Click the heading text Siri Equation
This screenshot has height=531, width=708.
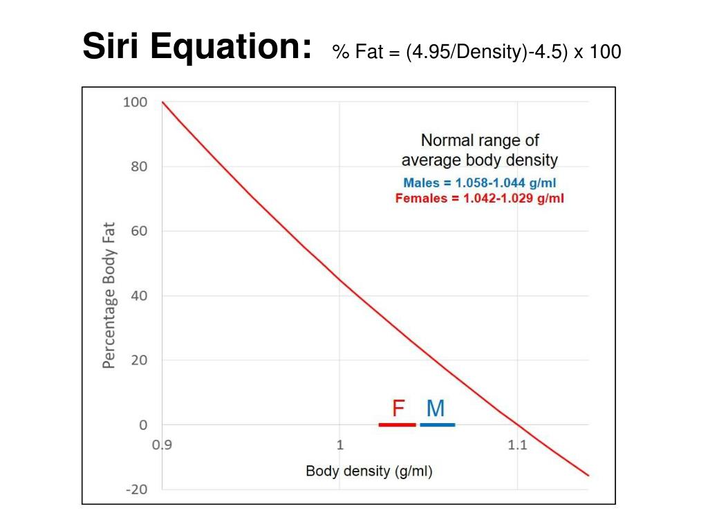[196, 47]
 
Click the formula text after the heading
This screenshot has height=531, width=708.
[476, 51]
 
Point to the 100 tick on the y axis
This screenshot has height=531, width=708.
[135, 102]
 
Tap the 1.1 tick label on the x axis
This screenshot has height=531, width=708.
[517, 445]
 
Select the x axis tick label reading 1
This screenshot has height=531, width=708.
[339, 445]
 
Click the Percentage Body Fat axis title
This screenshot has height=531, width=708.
[109, 295]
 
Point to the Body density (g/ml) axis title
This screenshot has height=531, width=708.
[369, 472]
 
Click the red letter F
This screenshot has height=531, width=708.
[398, 409]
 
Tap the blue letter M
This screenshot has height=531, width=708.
[436, 409]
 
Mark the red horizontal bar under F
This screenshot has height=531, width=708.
[397, 425]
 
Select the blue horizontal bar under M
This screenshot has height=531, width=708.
[437, 425]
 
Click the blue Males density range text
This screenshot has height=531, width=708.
[480, 184]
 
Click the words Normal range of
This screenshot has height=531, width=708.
[480, 140]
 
